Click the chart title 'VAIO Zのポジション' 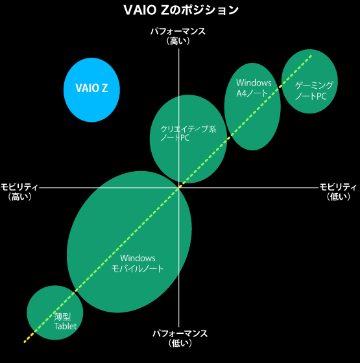(x=181, y=10)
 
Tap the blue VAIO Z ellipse (x=91, y=90)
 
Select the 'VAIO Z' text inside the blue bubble (x=91, y=88)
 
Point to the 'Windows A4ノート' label (x=254, y=88)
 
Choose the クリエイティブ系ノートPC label (x=188, y=133)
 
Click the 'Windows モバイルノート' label (x=138, y=263)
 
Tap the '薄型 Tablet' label (x=65, y=321)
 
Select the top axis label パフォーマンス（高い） (x=178, y=36)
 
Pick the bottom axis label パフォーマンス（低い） (x=180, y=338)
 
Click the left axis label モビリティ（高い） (x=19, y=192)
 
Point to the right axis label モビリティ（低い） (x=338, y=192)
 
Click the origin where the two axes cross (x=178, y=188)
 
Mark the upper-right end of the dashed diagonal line (x=311, y=55)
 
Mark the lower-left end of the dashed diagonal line (x=24, y=342)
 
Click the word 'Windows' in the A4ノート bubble (x=254, y=83)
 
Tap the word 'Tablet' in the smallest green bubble (x=65, y=326)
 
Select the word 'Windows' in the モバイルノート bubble (x=138, y=258)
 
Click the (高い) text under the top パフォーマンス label (x=178, y=41)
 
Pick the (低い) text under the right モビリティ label (x=338, y=197)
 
